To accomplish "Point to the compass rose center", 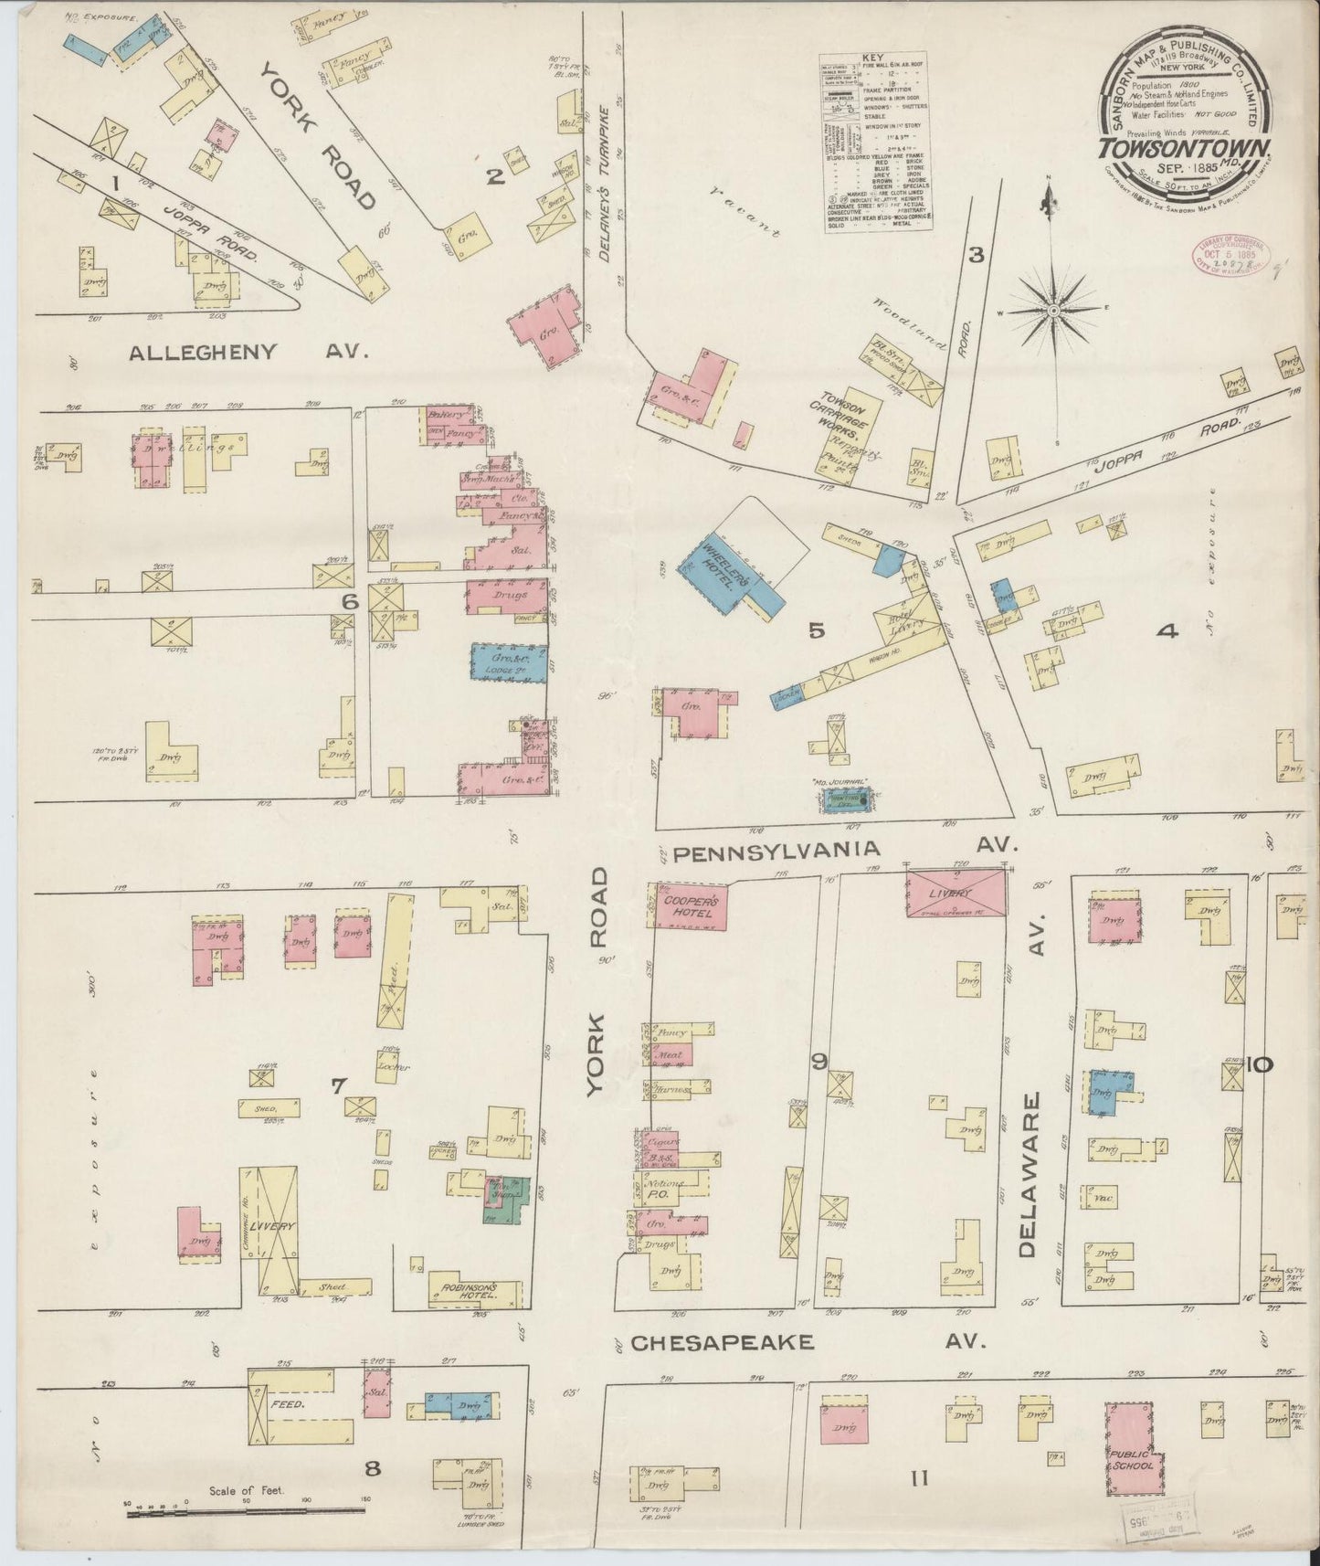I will (1054, 311).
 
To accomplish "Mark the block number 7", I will (338, 1085).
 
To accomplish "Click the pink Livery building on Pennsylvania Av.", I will (956, 892).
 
